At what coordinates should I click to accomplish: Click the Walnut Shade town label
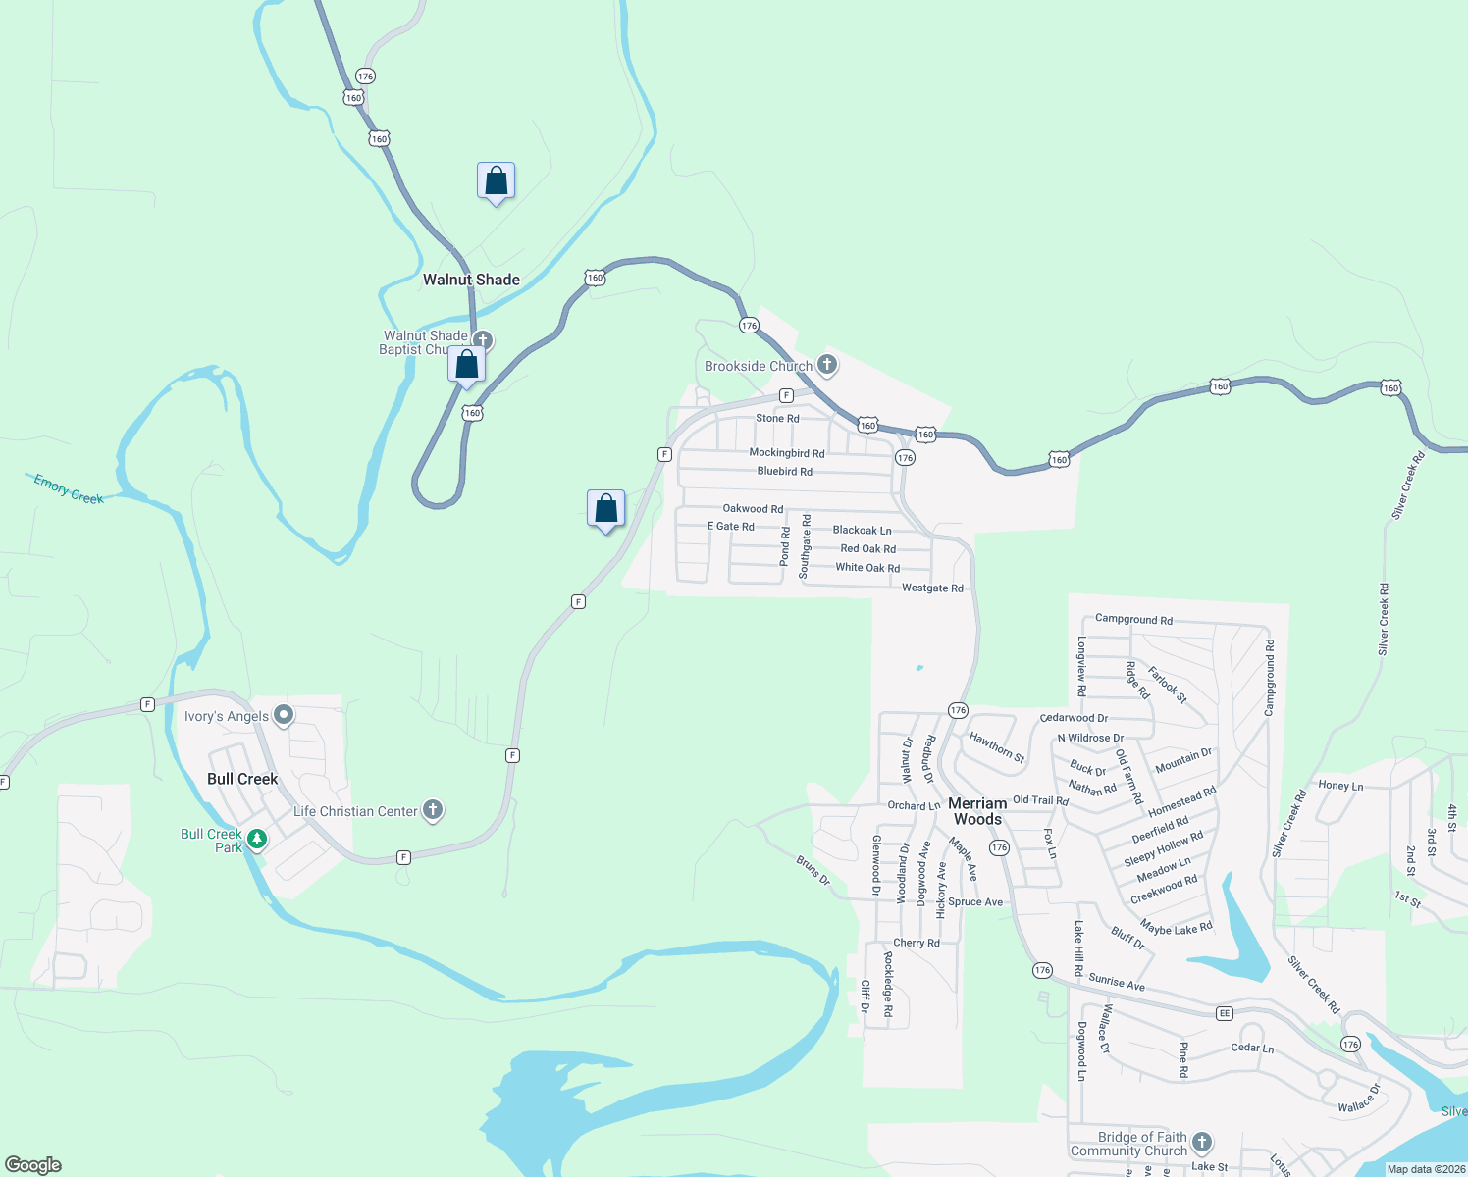(x=471, y=280)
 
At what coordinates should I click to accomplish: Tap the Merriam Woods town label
(x=977, y=811)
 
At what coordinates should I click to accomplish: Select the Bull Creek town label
(x=242, y=779)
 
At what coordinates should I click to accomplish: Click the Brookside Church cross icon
(x=827, y=365)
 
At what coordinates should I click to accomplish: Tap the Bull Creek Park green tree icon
(x=257, y=839)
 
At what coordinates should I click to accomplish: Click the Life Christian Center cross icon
(x=433, y=810)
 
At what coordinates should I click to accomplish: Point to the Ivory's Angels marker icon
(x=284, y=715)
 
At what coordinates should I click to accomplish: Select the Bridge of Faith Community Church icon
(x=1202, y=1143)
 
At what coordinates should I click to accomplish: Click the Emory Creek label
(x=69, y=488)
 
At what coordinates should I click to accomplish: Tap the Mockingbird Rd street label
(x=787, y=453)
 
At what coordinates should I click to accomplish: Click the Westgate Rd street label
(x=932, y=588)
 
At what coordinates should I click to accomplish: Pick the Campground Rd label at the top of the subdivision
(x=1133, y=620)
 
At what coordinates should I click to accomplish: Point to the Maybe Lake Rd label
(x=1177, y=926)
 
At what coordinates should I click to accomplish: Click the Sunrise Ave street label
(x=1117, y=982)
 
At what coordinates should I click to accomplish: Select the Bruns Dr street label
(x=813, y=870)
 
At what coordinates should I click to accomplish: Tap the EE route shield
(x=1225, y=1013)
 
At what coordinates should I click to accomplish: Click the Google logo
(x=33, y=1165)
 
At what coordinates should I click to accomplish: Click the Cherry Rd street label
(x=917, y=943)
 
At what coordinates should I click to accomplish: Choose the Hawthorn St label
(x=997, y=747)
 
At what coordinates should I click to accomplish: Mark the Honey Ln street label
(x=1340, y=786)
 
